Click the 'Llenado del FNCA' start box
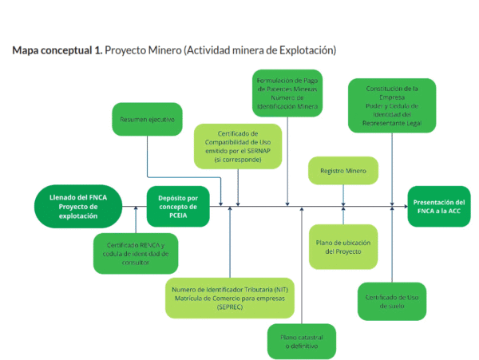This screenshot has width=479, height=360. [x=77, y=207]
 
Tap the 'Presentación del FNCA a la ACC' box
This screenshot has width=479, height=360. [x=436, y=207]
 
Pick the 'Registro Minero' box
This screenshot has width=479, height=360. [x=343, y=170]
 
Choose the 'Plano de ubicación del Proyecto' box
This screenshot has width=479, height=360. [x=343, y=246]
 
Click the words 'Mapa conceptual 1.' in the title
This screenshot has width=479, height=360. [x=57, y=50]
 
